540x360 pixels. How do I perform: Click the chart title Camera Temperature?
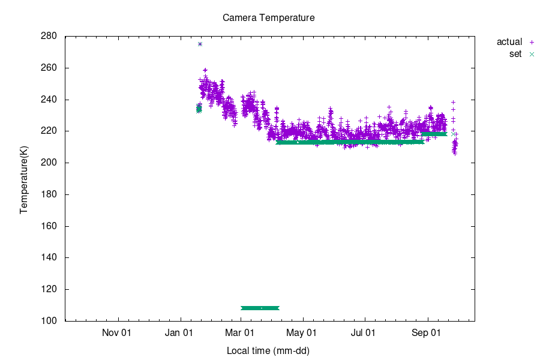tap(269, 18)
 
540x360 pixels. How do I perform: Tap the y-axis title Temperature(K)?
tap(24, 179)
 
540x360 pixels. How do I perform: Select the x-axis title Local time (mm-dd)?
tap(268, 350)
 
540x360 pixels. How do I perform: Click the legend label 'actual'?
tap(509, 42)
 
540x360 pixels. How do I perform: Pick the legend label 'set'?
tap(515, 54)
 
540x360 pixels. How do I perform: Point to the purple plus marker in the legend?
tap(532, 42)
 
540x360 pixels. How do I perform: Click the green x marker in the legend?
tap(532, 54)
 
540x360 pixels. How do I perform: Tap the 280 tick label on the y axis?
tap(49, 36)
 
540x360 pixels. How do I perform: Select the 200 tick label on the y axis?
tap(49, 163)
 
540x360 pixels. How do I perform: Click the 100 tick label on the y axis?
tap(49, 321)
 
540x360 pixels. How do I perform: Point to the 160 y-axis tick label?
tap(49, 226)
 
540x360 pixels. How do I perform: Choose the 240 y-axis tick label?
tap(49, 100)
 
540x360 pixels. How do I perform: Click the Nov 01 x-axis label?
tap(116, 332)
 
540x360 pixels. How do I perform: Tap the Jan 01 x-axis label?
tap(179, 332)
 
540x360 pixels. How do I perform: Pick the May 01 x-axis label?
tap(302, 332)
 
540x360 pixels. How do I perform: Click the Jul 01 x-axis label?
tap(364, 332)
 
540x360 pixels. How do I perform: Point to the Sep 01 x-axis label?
tap(427, 332)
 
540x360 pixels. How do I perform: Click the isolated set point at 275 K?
tap(200, 44)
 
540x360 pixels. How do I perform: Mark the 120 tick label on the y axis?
tap(49, 289)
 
